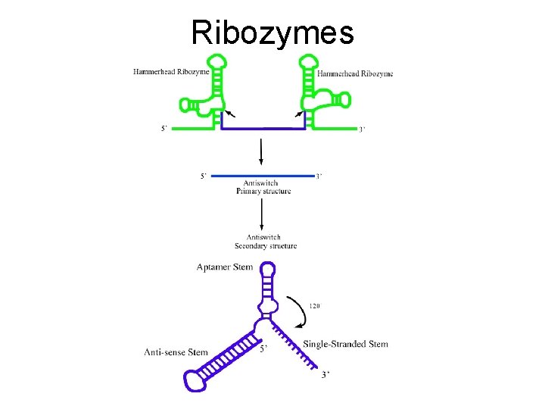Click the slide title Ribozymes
click(x=272, y=32)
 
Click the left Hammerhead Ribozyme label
click(x=171, y=72)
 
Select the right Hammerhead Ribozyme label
click(x=355, y=73)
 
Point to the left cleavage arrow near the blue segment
click(x=229, y=113)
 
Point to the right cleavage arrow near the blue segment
click(x=297, y=113)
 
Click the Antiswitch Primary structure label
click(x=262, y=187)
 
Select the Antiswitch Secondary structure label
click(x=265, y=242)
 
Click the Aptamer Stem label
click(x=224, y=267)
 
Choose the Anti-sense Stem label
click(x=176, y=352)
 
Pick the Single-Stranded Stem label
click(x=345, y=345)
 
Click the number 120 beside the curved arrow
click(x=315, y=307)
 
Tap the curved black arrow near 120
click(x=295, y=311)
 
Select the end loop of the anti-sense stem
click(x=195, y=379)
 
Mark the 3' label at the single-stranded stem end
click(x=325, y=375)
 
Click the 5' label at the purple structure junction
click(x=263, y=349)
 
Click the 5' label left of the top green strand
click(x=163, y=129)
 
